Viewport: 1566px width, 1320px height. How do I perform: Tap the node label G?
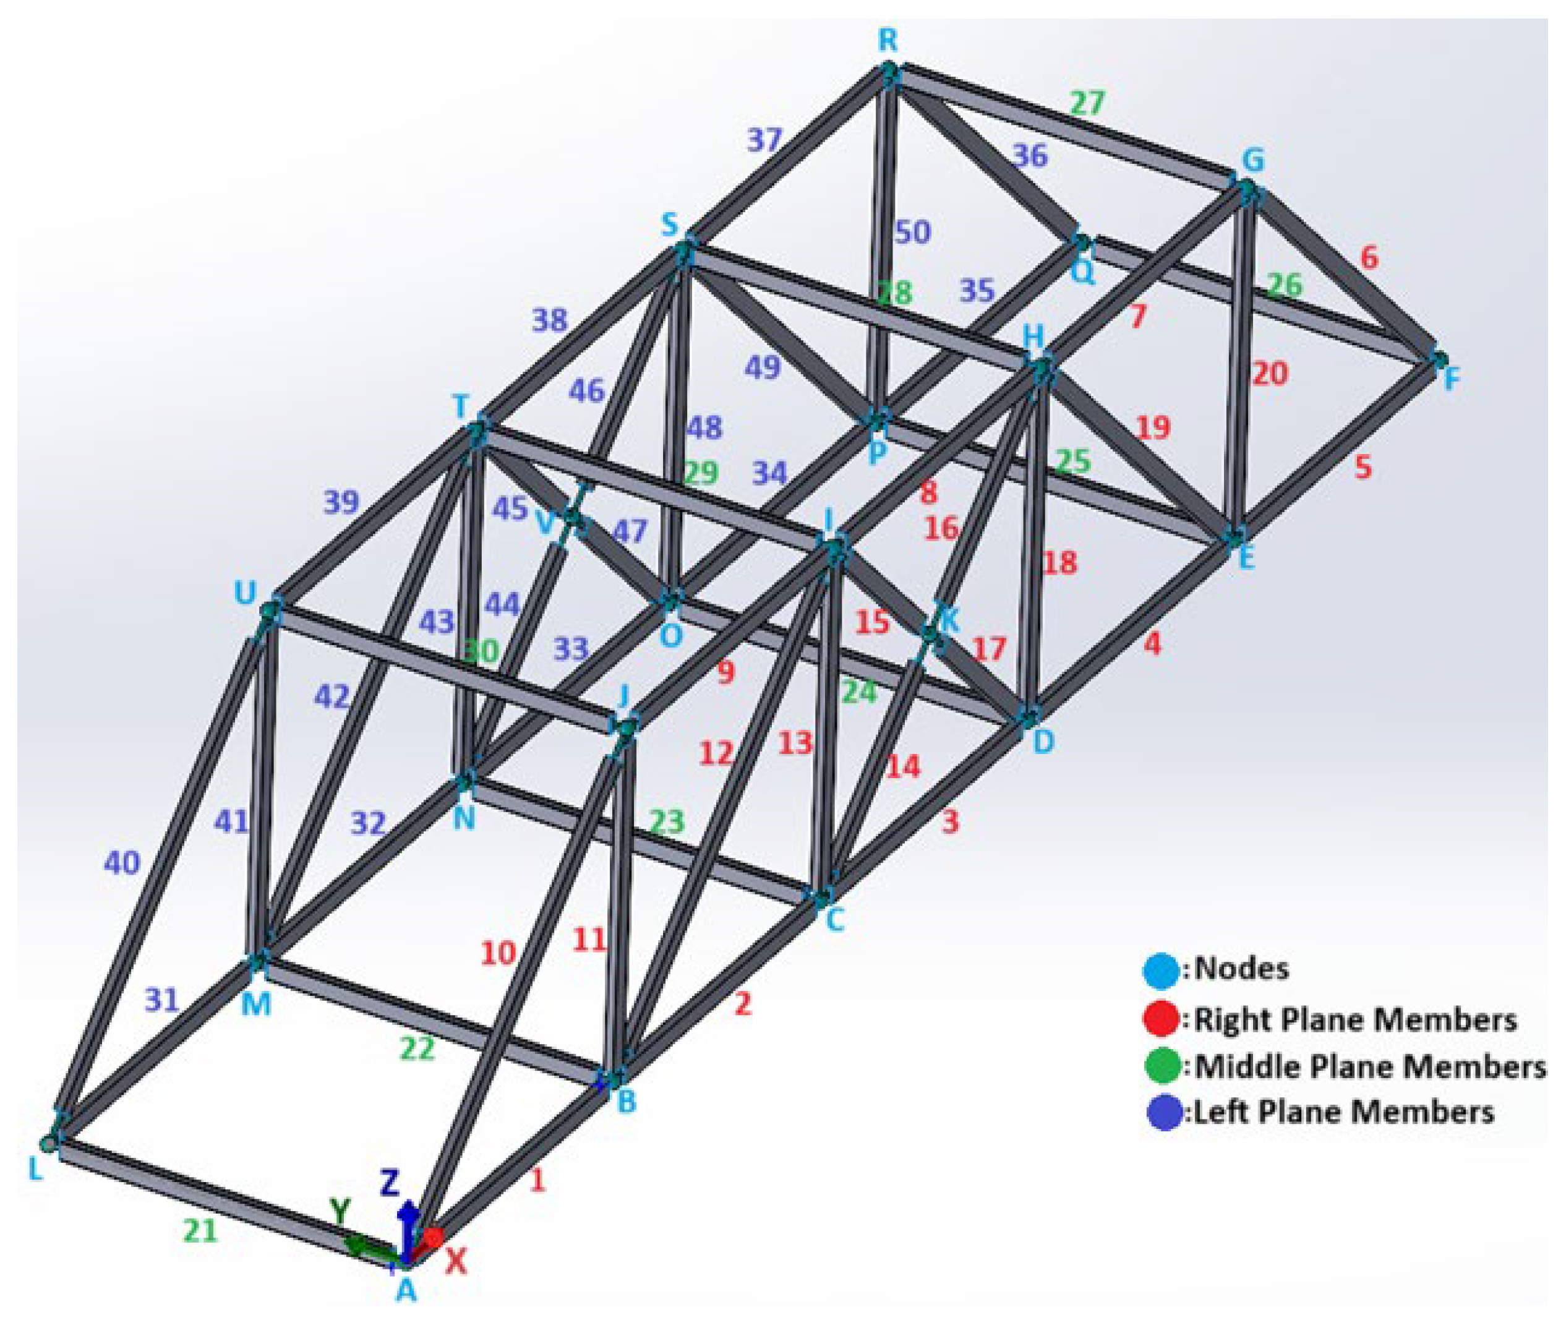coord(1252,160)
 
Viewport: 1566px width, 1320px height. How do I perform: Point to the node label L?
coord(35,1169)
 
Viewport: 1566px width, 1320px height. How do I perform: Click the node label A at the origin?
coord(404,1288)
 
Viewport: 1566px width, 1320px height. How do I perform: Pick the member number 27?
coord(1087,103)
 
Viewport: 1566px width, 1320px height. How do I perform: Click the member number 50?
coord(913,233)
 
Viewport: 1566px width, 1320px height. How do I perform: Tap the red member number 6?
coord(1369,257)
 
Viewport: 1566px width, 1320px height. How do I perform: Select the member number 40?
coord(121,864)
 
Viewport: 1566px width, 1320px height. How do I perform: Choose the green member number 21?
coord(200,1231)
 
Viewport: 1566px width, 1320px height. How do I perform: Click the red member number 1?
coord(537,1181)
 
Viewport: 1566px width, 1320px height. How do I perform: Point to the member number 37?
coord(764,139)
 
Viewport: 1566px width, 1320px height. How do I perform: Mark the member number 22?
coord(417,1050)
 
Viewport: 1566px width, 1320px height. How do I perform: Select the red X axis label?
coord(456,1263)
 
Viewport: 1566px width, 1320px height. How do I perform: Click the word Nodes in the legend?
coord(1241,969)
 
